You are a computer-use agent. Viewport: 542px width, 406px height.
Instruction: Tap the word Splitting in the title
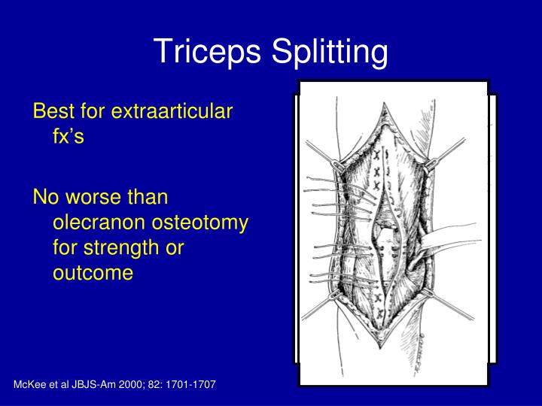coord(324,51)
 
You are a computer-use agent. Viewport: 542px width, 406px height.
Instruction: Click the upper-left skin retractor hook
coord(339,162)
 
